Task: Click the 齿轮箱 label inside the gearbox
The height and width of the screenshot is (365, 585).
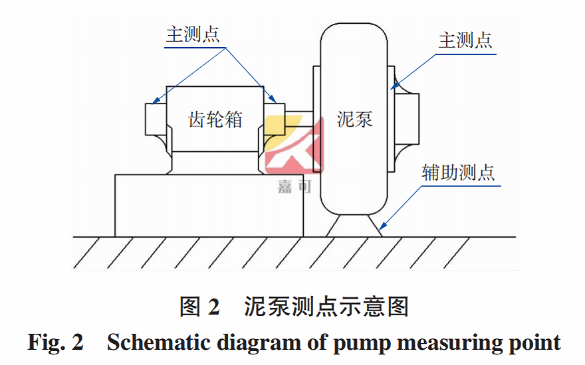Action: click(215, 120)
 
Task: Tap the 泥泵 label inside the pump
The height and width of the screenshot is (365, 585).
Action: click(354, 119)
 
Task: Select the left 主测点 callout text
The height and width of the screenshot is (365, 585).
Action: click(192, 35)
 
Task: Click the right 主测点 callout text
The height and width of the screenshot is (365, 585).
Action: click(465, 40)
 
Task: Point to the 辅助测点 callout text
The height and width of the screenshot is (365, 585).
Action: click(458, 173)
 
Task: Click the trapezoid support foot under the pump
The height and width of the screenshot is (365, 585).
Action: click(354, 224)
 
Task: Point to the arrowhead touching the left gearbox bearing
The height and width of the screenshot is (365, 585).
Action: click(153, 103)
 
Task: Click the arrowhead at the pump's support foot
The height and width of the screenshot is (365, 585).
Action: click(381, 228)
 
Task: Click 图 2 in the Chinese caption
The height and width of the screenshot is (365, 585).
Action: click(199, 307)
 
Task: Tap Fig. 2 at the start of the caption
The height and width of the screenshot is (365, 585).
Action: click(55, 342)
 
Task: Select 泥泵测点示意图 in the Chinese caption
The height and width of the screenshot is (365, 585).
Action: click(326, 307)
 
